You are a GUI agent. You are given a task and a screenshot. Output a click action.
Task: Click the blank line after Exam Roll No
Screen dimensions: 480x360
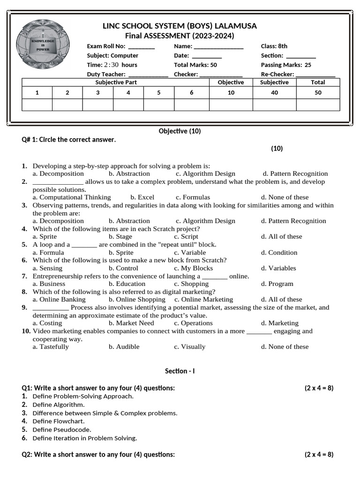141,46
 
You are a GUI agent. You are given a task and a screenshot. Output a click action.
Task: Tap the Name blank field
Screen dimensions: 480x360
218,46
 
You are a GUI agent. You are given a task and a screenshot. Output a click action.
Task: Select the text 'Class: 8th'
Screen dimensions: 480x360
274,46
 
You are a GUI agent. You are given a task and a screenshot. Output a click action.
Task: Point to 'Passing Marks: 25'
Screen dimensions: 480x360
286,65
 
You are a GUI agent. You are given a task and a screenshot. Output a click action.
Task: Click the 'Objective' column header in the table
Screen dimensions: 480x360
231,82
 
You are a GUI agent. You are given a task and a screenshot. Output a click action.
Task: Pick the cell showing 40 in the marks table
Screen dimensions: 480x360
274,93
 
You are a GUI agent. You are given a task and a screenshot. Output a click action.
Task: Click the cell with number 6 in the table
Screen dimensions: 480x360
191,93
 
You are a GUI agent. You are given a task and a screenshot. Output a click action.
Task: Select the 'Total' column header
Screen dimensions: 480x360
318,82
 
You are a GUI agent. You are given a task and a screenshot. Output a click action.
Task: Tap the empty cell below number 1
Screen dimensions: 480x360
37,105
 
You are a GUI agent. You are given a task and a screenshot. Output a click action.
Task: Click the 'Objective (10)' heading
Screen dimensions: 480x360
180,131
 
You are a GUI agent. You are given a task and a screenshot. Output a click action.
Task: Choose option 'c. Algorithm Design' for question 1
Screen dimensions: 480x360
205,174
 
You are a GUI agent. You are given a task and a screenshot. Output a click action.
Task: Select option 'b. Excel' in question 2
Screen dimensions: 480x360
142,197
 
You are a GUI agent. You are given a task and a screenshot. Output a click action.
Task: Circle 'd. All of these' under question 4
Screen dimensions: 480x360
282,237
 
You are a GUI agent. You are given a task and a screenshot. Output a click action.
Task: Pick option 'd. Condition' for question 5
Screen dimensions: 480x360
279,253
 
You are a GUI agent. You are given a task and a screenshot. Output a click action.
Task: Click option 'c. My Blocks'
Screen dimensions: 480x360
193,268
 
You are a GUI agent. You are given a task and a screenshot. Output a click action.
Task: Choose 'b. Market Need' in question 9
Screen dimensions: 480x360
131,323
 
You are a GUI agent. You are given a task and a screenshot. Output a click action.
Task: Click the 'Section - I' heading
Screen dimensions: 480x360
180,371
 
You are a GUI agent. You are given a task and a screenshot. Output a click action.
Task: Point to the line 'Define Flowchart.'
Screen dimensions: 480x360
59,421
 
